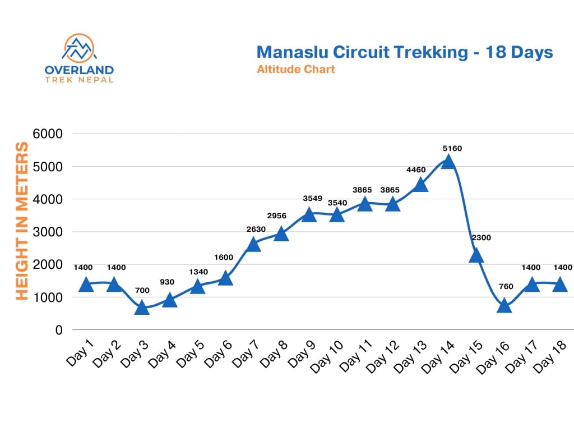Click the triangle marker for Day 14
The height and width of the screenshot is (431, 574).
pos(447,162)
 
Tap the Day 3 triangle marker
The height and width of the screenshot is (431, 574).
pos(142,307)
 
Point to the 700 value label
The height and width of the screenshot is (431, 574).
pos(142,291)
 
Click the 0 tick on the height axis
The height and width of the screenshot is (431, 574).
pos(58,330)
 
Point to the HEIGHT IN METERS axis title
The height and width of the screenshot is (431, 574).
pos(21,221)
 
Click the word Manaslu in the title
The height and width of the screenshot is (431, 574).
pos(292,52)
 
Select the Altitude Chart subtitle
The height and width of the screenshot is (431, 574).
pos(295,70)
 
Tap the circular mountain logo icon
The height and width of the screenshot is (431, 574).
pos(79,49)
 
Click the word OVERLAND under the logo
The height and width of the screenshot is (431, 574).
pos(79,70)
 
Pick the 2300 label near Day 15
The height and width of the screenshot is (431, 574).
pos(480,237)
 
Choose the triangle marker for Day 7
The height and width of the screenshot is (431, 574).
pos(253,244)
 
